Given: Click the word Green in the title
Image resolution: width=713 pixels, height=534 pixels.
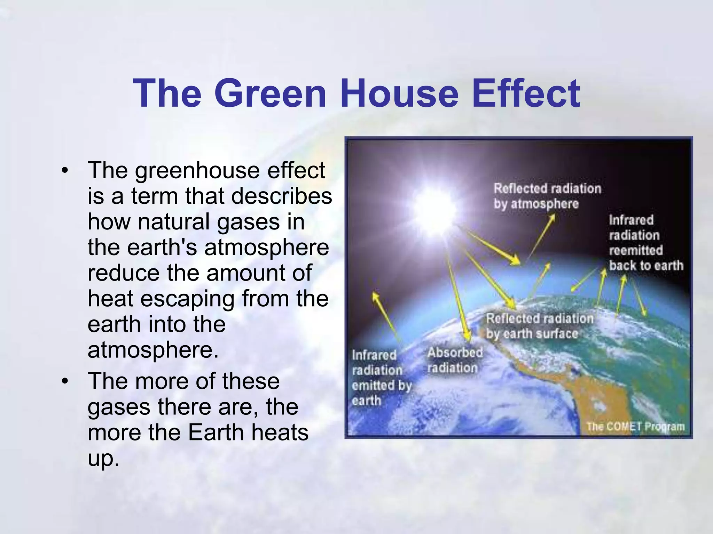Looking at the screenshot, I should [x=270, y=93].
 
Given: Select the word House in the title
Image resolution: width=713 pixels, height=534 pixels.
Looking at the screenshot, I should [x=399, y=93].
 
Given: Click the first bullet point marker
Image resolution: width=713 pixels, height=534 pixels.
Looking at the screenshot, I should [x=64, y=171].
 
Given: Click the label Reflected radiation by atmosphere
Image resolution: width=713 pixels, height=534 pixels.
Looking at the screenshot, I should [x=547, y=196].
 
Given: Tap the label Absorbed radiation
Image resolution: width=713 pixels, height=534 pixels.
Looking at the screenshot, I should [x=454, y=360].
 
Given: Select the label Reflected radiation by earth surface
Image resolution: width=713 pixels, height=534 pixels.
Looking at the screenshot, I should [x=539, y=326].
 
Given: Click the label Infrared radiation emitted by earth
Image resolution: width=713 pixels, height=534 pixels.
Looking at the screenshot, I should [x=380, y=378].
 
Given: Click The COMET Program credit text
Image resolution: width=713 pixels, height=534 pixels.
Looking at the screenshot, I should [x=635, y=426].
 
